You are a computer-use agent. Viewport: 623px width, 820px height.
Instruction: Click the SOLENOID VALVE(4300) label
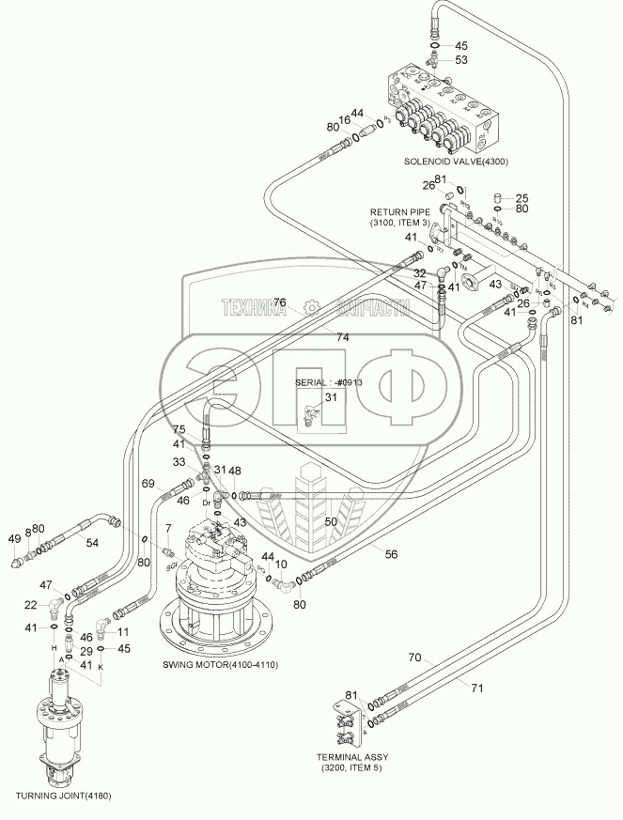(x=456, y=161)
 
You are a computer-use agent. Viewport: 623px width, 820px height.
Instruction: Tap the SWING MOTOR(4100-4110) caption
(x=220, y=664)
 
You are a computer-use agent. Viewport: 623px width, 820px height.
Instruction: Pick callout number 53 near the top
(x=461, y=60)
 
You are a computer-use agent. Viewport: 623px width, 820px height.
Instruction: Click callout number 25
(x=523, y=197)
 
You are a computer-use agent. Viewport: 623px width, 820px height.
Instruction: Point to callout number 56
(x=391, y=554)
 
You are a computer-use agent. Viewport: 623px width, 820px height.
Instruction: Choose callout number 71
(x=476, y=688)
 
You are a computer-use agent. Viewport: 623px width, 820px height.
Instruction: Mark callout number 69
(x=148, y=483)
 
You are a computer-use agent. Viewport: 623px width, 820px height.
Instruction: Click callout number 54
(x=92, y=544)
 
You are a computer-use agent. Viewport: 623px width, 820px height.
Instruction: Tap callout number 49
(x=14, y=538)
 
